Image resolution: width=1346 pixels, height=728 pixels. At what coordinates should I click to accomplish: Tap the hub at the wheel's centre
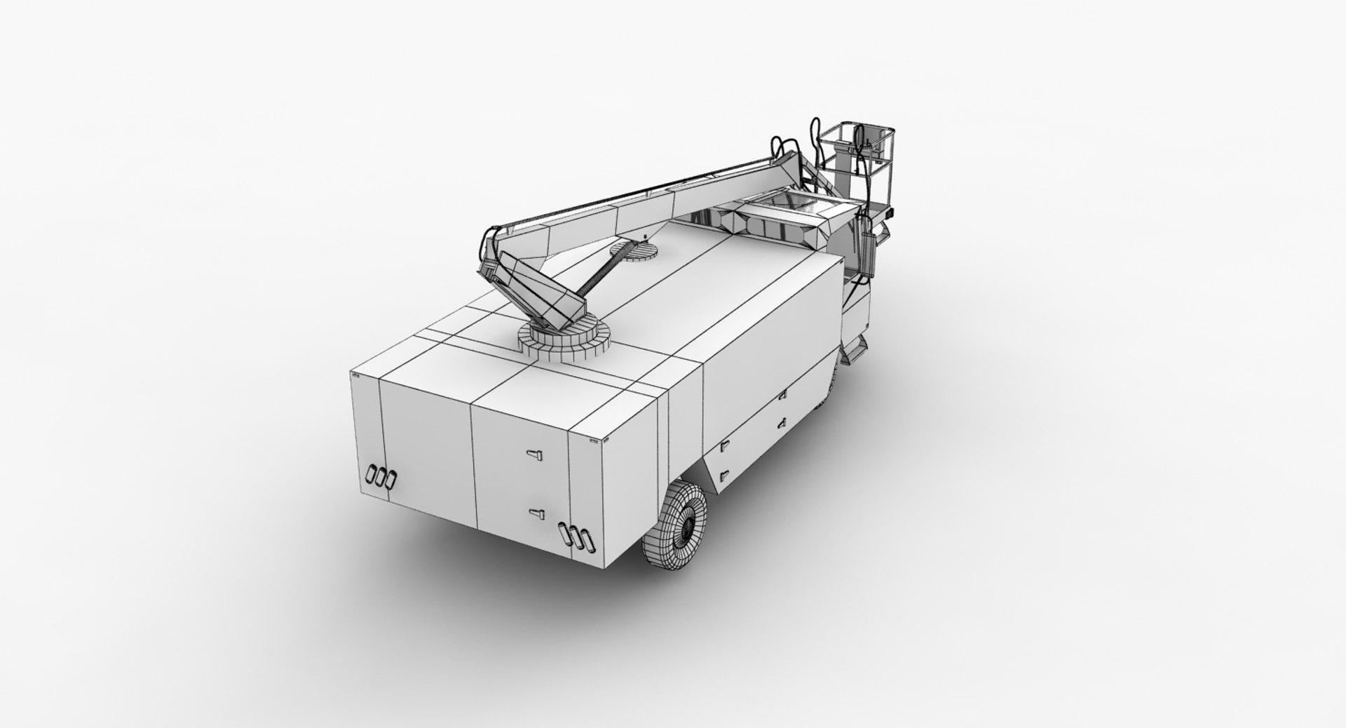coord(688,524)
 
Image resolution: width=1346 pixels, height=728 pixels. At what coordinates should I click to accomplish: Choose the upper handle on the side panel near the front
coord(781,398)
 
